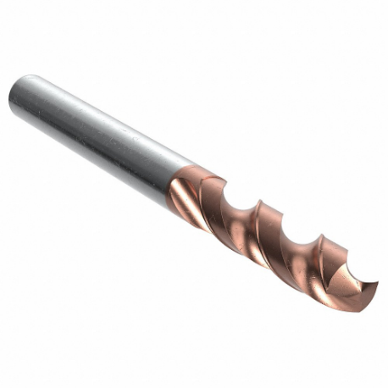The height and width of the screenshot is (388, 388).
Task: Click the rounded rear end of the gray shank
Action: pyautogui.click(x=15, y=95)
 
